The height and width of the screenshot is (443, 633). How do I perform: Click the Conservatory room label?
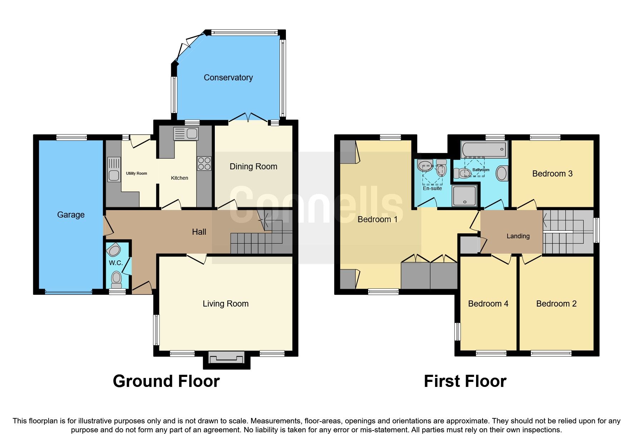click(228, 78)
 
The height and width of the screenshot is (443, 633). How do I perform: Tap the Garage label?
click(71, 215)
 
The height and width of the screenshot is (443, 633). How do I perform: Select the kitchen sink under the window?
click(186, 134)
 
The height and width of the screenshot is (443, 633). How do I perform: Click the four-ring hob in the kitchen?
click(204, 164)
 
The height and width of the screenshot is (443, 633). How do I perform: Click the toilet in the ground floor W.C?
click(116, 279)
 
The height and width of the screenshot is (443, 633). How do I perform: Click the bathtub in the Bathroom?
click(484, 150)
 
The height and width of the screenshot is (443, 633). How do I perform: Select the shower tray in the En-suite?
click(464, 196)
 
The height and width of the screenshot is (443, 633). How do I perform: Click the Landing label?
click(518, 236)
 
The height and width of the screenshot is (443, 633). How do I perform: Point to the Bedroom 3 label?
click(552, 174)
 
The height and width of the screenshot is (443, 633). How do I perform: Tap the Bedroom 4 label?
click(488, 304)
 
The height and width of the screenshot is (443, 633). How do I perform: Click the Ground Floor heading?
click(166, 381)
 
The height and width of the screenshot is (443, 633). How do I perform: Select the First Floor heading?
click(465, 381)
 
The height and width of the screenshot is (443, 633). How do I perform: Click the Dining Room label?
click(253, 166)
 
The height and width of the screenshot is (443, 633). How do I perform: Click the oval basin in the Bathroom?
click(501, 174)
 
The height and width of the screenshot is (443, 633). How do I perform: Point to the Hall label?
click(199, 232)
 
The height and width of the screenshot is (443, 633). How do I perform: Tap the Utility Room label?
click(136, 173)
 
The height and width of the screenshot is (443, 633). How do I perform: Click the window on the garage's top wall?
click(71, 137)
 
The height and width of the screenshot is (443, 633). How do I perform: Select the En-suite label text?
click(432, 188)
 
